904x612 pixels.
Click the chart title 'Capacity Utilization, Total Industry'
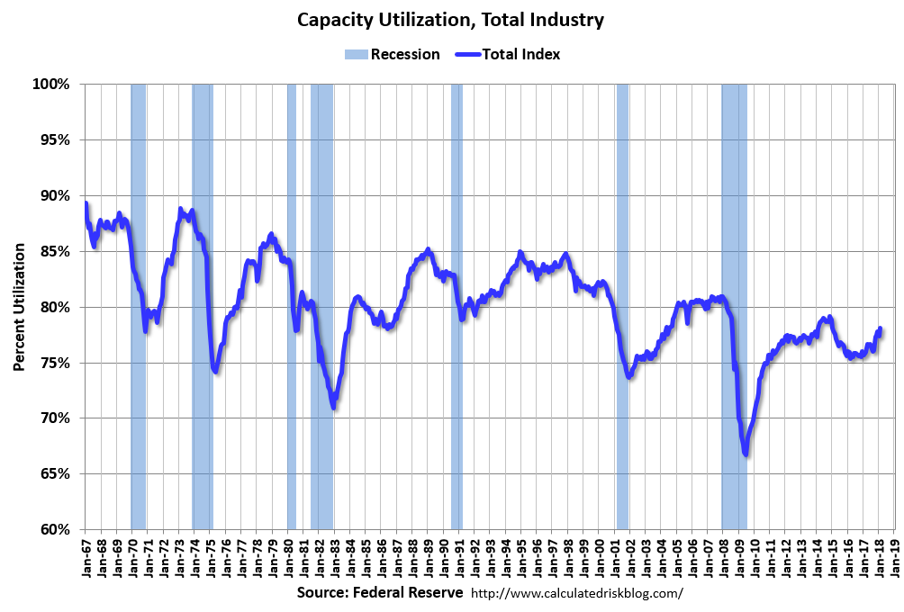451,19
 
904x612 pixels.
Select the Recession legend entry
392,54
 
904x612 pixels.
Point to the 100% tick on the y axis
51,85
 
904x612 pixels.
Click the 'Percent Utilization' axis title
19,307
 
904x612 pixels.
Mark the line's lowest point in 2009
746,454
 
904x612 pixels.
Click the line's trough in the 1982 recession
333,408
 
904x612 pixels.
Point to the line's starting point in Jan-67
85,203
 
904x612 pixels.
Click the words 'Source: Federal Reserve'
379,593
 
